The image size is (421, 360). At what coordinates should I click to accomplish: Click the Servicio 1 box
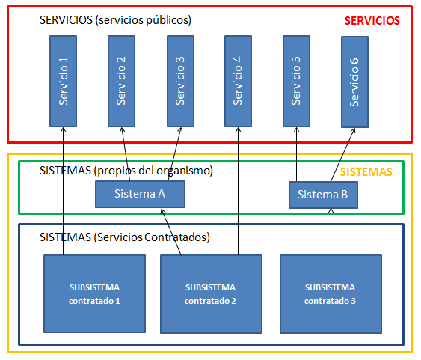(63, 81)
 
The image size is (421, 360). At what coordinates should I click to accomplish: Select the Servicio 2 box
(121, 81)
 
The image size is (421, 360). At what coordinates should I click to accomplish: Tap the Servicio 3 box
(180, 81)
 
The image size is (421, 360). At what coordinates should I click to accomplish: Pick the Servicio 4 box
(238, 81)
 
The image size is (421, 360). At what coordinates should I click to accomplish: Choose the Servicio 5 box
(296, 81)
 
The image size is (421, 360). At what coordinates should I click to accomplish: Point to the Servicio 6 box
(354, 82)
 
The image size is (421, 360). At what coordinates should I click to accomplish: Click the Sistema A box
(140, 194)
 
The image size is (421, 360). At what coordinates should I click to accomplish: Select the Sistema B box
(323, 195)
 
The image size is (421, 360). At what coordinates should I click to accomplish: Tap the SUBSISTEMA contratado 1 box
(94, 294)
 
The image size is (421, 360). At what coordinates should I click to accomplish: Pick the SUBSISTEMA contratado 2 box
(211, 294)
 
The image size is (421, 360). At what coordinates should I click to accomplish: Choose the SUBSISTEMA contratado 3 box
(331, 294)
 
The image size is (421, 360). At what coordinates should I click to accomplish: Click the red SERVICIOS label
(372, 21)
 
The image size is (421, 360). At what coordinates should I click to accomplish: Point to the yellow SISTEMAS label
(366, 172)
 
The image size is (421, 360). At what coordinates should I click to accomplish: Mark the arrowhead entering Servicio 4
(238, 129)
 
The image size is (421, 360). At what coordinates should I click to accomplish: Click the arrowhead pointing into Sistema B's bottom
(331, 211)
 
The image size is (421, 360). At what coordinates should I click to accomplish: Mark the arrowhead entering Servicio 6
(354, 131)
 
